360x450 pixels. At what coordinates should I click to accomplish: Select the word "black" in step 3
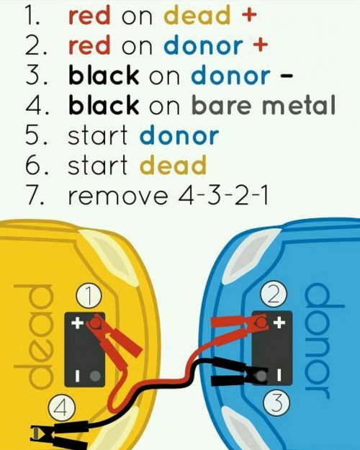coord(104,75)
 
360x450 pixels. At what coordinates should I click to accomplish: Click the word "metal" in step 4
coord(299,105)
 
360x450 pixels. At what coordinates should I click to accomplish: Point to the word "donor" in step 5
coord(179,135)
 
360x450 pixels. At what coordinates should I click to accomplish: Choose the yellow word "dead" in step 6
coord(173,165)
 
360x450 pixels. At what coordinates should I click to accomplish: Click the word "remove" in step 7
coord(117,196)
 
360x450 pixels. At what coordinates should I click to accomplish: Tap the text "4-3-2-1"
coord(222,194)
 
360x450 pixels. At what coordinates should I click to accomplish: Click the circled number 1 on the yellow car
coord(89,297)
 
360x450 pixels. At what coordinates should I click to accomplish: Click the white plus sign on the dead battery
coord(78,323)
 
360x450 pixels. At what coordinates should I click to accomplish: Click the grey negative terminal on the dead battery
coord(95,376)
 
